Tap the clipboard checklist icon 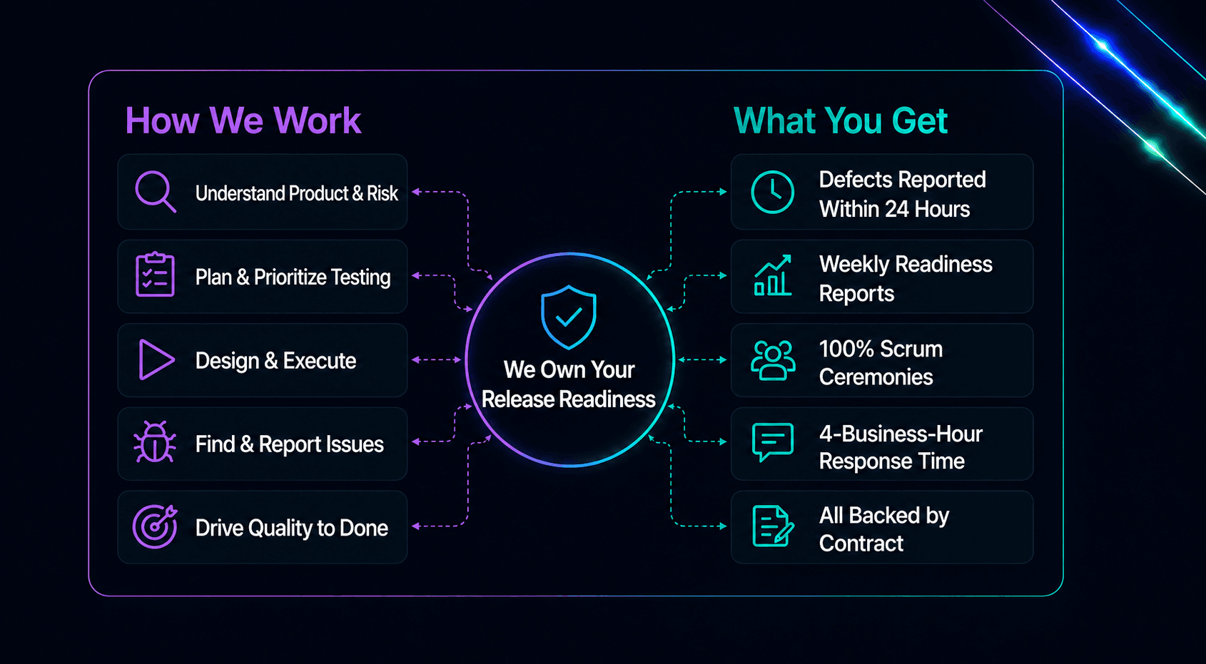155,275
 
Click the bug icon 155,442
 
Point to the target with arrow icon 155,526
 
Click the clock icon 773,192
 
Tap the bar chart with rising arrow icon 773,275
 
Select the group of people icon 773,360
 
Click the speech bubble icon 773,442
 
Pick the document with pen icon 773,526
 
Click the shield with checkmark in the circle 569,317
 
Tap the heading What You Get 841,121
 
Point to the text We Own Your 569,369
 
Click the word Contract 861,543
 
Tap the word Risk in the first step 382,193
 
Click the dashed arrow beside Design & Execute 436,359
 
